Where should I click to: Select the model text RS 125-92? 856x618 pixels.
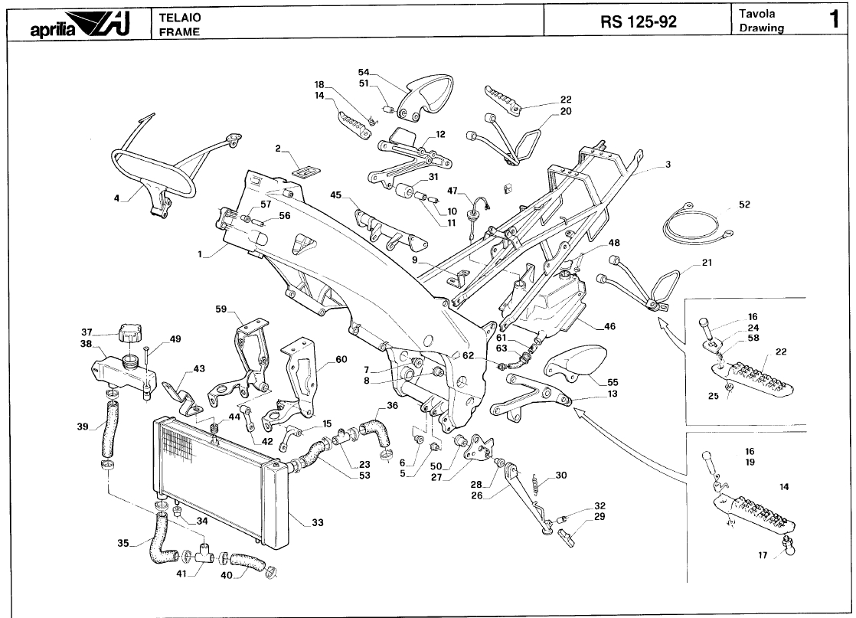point(639,21)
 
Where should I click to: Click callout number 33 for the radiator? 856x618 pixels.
point(317,523)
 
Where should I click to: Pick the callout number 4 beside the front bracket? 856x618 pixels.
point(116,198)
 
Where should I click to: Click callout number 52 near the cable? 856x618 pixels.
point(745,204)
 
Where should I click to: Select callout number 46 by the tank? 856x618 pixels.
point(609,326)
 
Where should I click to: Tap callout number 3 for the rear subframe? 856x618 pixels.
point(668,165)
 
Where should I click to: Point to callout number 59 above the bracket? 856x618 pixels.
point(221,310)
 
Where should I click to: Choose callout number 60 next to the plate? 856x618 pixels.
point(341,359)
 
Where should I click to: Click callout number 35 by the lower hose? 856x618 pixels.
point(123,544)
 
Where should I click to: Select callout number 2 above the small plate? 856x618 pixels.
point(279,148)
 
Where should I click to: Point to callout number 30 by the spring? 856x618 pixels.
point(561,476)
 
